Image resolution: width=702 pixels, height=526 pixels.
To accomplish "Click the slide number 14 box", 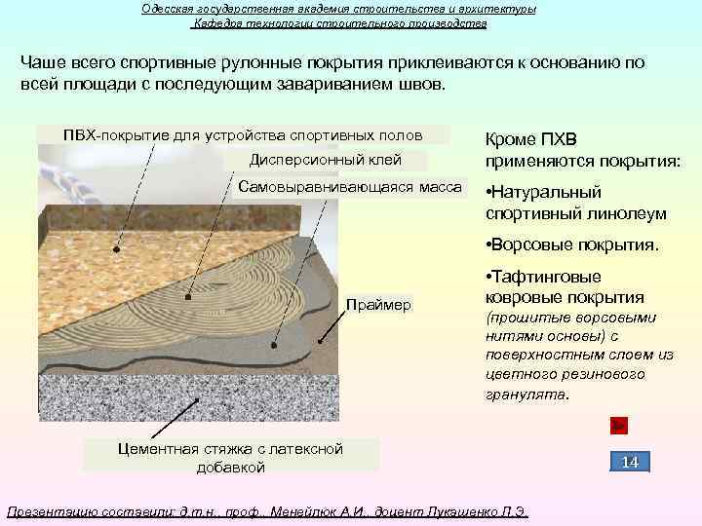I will [x=630, y=462].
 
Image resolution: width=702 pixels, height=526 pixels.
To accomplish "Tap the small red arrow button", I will [x=618, y=425].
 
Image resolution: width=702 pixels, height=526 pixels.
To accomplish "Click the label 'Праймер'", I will [x=378, y=305].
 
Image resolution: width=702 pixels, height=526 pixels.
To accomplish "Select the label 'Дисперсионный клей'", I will [x=325, y=160].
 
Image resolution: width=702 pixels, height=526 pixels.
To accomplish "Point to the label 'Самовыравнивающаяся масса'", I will [x=350, y=186].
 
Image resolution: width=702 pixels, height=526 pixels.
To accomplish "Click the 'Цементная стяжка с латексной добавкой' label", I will [x=230, y=458].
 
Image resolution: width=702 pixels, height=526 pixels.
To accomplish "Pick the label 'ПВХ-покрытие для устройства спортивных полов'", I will [x=243, y=134].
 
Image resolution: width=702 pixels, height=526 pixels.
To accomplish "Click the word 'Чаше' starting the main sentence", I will [x=42, y=62].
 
